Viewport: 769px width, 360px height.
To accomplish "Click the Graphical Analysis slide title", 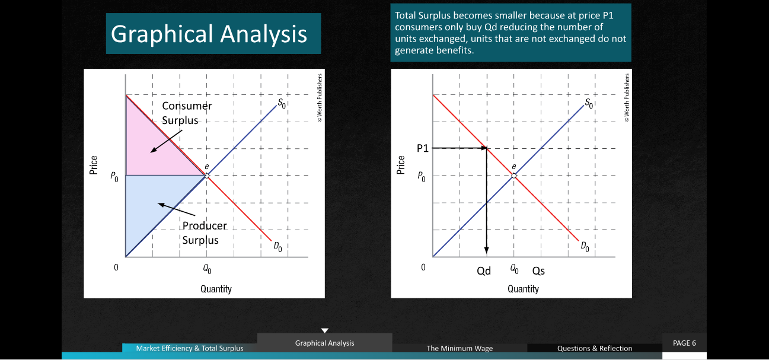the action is [209, 34].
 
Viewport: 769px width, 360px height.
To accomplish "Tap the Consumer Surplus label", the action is [187, 113].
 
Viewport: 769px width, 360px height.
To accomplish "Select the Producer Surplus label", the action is [205, 232].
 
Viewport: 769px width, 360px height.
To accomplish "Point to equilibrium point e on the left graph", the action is [207, 176].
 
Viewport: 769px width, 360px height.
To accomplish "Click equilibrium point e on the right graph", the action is [514, 176].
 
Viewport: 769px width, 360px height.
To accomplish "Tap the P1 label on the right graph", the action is [423, 148].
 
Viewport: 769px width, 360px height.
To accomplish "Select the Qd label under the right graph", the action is [484, 271].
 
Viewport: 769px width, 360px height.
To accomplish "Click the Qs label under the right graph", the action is [538, 271].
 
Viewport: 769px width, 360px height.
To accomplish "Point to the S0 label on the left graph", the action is [282, 103].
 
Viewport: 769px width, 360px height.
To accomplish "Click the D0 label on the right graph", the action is [585, 246].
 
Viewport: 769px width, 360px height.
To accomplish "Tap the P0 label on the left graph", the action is [114, 177].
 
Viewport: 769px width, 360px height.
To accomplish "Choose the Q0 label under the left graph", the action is [207, 269].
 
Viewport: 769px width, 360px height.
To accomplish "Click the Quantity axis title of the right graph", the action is [523, 289].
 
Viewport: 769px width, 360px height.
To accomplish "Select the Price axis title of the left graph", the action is [93, 165].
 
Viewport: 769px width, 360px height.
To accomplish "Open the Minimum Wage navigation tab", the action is [460, 348].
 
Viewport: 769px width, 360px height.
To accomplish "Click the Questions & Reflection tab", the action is [595, 348].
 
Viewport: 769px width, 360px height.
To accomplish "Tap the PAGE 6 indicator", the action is [684, 343].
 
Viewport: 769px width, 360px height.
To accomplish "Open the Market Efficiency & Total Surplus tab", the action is [190, 348].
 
